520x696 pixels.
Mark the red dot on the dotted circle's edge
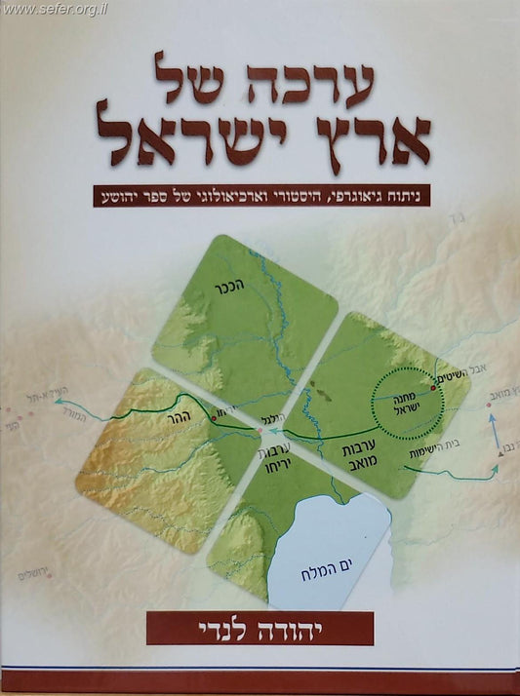[434, 388]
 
